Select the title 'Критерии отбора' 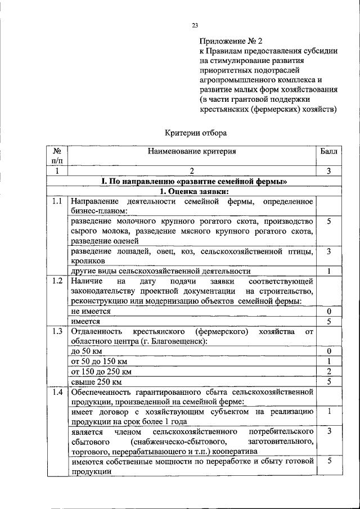pos(196,133)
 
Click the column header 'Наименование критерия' pos(192,151)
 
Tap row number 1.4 pos(56,393)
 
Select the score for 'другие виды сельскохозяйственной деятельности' pos(330,271)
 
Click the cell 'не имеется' pos(91,311)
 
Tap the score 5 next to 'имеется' pos(330,321)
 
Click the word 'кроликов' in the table pos(88,261)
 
